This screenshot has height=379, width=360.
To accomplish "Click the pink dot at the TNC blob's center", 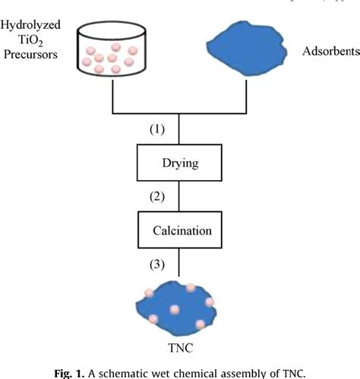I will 175,310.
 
